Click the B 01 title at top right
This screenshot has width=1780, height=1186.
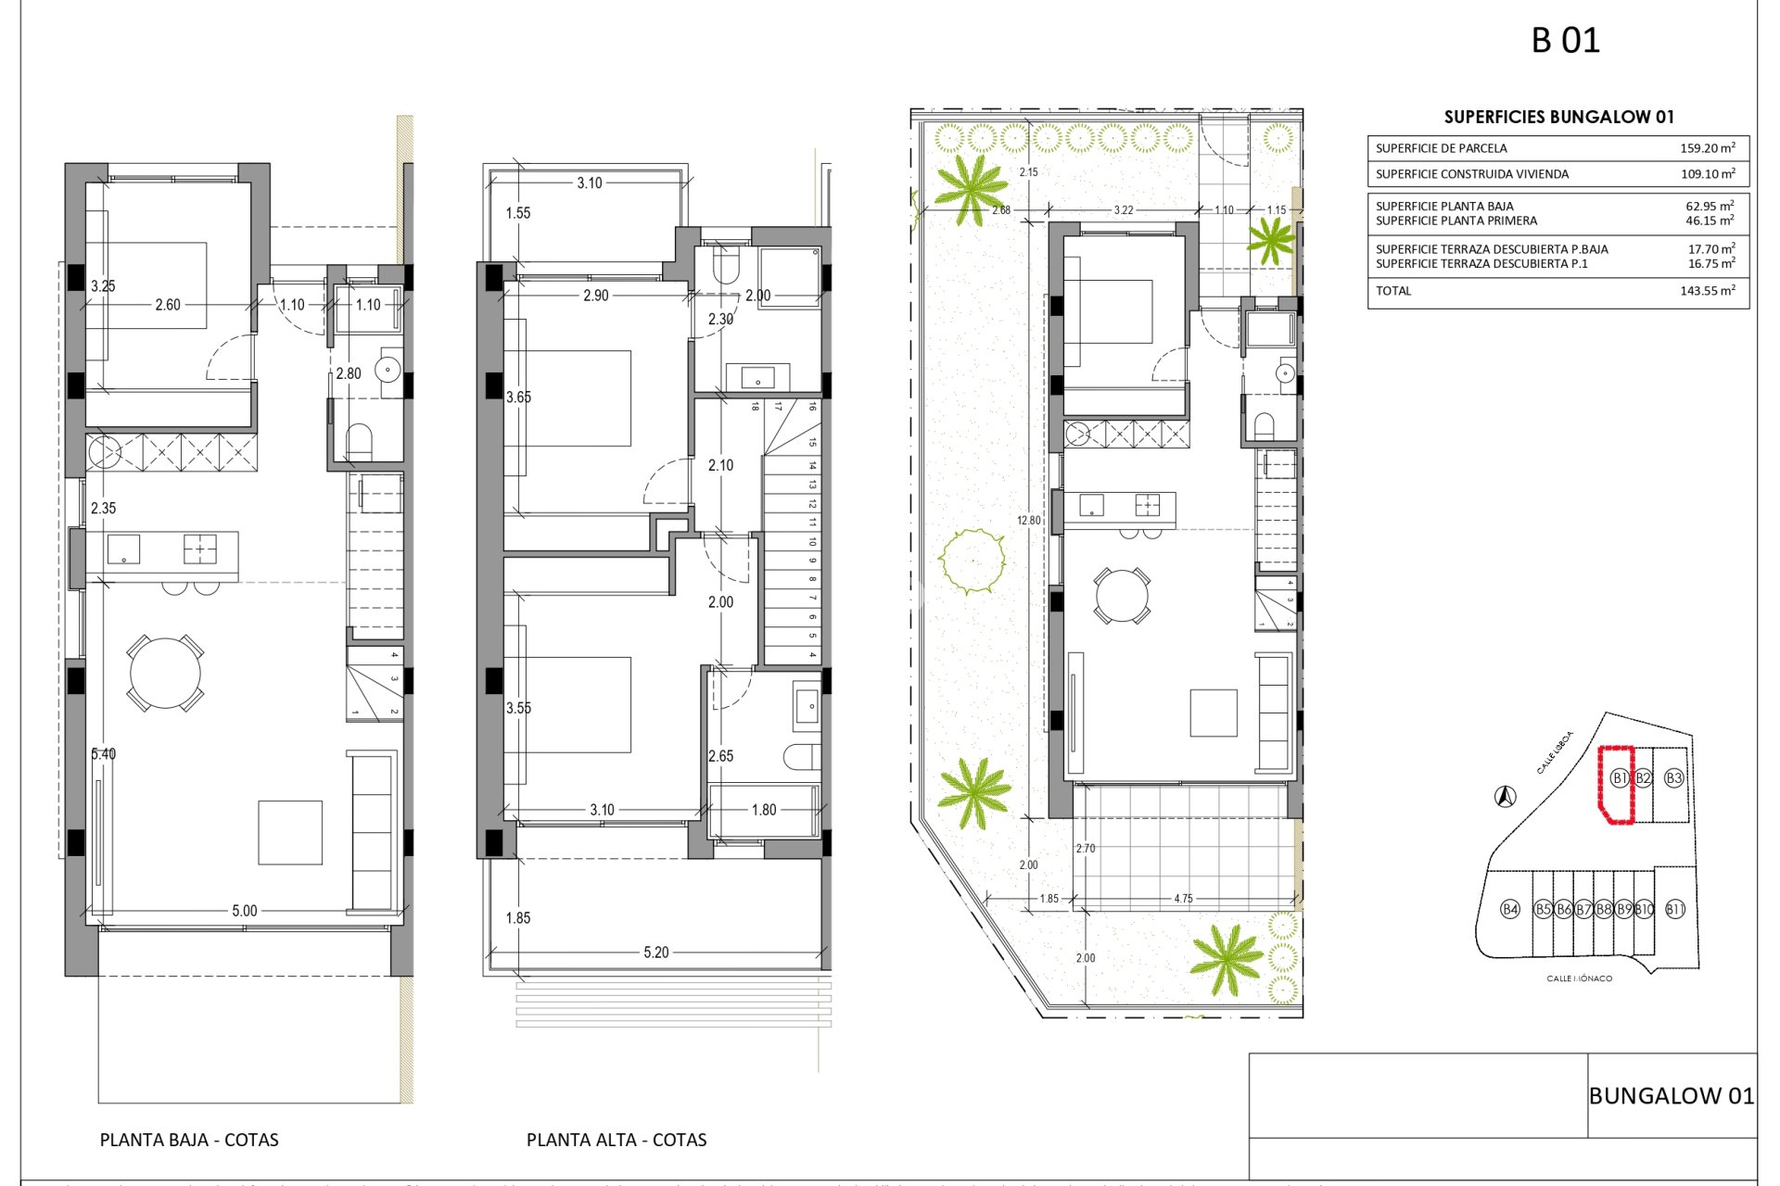[x=1565, y=41]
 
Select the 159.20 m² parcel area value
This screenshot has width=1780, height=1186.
[x=1707, y=148]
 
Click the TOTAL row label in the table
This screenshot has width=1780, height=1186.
[x=1393, y=291]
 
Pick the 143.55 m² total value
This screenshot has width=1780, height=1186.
[x=1707, y=291]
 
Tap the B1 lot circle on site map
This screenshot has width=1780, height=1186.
[x=1619, y=778]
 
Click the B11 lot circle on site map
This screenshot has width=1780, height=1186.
[x=1674, y=909]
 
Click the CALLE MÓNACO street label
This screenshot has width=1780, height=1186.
[x=1579, y=978]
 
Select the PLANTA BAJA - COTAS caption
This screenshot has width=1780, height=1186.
[x=189, y=1141]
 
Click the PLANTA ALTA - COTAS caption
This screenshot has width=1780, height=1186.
[x=617, y=1141]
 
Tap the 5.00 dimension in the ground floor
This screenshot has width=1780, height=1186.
[x=244, y=911]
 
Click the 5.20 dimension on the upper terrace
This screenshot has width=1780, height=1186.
[x=655, y=953]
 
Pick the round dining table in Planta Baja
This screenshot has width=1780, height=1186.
[x=165, y=674]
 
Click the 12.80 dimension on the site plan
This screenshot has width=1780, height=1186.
[x=1028, y=521]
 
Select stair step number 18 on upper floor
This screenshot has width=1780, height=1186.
[x=756, y=406]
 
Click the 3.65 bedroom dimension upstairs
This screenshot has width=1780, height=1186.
[x=518, y=397]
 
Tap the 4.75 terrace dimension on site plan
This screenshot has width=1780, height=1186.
[x=1183, y=899]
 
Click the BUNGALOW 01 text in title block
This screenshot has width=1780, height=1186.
[x=1671, y=1096]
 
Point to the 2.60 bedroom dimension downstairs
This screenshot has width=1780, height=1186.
[x=168, y=305]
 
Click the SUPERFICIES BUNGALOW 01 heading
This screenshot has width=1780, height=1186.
[x=1558, y=117]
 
